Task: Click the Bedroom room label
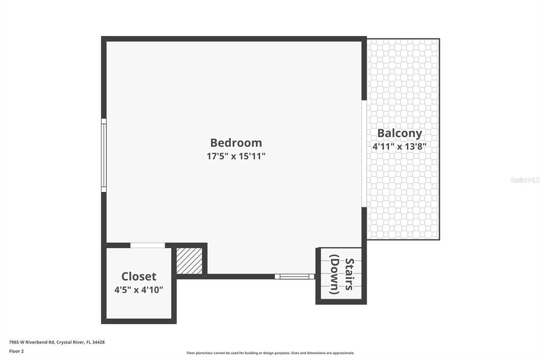tap(236, 143)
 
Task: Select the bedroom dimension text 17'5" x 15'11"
tap(236, 156)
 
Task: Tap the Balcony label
tap(399, 133)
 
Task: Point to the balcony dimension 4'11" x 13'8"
tap(399, 147)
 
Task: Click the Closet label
tap(139, 276)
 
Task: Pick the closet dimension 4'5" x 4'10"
tap(139, 289)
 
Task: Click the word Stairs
tap(349, 274)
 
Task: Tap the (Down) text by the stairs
tap(334, 274)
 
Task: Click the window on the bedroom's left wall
tap(104, 155)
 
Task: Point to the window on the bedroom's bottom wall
tap(294, 276)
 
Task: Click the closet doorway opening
tap(147, 245)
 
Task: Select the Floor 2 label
tap(16, 351)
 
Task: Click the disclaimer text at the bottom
tap(270, 353)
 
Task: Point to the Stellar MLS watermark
tap(525, 180)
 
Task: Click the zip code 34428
tap(98, 342)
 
